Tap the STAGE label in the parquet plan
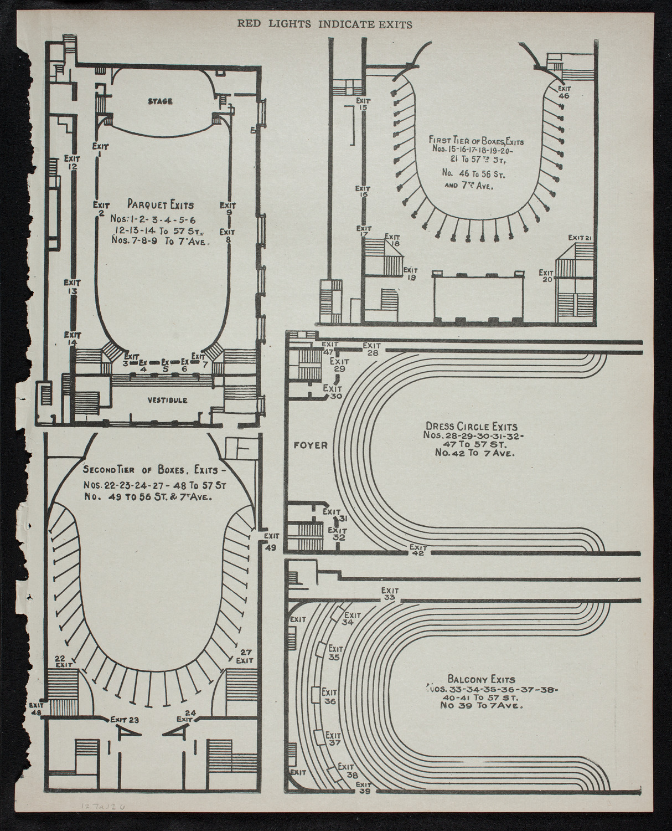coord(161,101)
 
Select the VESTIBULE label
coord(167,400)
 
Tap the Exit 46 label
coord(564,91)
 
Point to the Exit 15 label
coord(363,104)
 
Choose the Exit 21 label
coord(581,238)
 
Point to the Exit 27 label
coord(245,656)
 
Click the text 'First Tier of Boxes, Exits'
coord(475,141)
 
